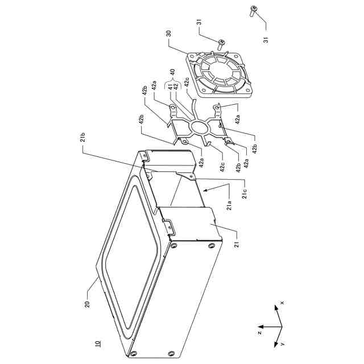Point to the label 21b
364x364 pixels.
[83, 138]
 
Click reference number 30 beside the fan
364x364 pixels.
[168, 34]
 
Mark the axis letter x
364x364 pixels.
[282, 303]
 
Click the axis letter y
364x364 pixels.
[283, 345]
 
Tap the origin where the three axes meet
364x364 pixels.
[280, 329]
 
